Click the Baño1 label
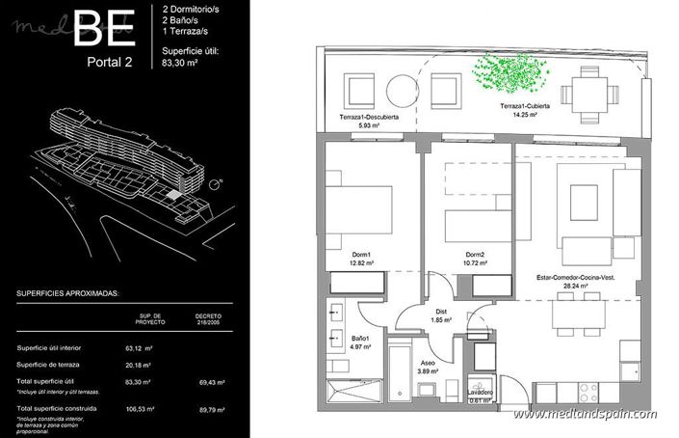(362, 337)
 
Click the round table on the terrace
(402, 92)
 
